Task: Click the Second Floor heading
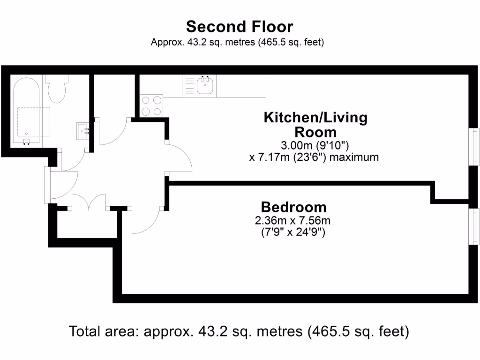pyautogui.click(x=240, y=26)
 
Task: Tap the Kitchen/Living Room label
pyautogui.click(x=315, y=124)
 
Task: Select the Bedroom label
pyautogui.click(x=293, y=207)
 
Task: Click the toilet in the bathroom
pyautogui.click(x=58, y=90)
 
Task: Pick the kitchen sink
pyautogui.click(x=206, y=85)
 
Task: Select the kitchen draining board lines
pyautogui.click(x=189, y=86)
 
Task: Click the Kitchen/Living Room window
pyautogui.click(x=475, y=146)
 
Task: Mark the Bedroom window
pyautogui.click(x=475, y=225)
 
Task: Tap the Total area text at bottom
pyautogui.click(x=240, y=331)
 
